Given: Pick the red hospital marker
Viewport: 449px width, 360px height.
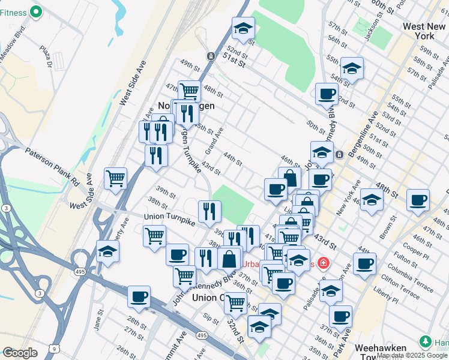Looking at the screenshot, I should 323,263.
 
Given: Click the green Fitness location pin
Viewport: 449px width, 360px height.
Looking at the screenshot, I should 35,11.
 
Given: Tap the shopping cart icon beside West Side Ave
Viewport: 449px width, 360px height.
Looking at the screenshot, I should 115,178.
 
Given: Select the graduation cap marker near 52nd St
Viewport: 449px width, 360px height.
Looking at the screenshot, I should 243,28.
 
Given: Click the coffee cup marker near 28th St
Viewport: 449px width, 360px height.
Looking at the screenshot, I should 139,296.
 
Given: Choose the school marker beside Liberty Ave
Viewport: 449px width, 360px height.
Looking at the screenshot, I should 107,251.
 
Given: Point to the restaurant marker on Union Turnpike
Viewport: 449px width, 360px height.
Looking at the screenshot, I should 209,211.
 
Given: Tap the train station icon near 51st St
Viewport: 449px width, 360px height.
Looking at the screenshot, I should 211,56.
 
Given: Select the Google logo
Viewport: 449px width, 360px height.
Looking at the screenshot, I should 20,353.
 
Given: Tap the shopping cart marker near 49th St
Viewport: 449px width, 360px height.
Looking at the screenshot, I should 189,91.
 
